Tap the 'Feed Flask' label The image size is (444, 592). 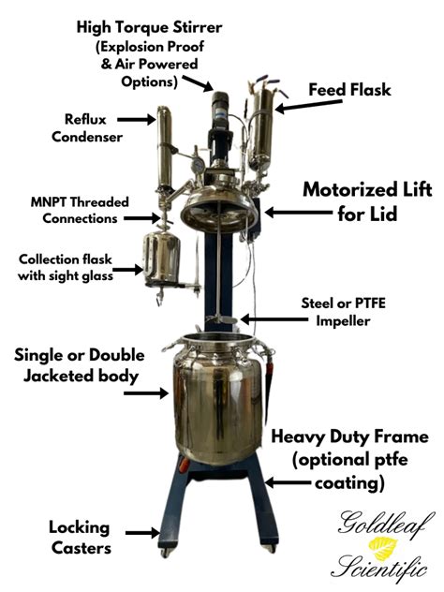[351, 91]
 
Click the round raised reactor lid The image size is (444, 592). [219, 200]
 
